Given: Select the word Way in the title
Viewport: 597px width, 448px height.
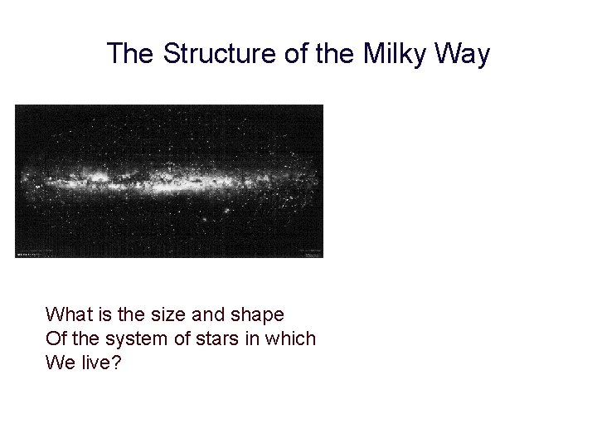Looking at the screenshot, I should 464,55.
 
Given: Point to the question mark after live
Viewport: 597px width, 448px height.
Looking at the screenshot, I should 115,363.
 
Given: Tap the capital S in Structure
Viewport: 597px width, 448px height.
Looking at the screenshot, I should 172,55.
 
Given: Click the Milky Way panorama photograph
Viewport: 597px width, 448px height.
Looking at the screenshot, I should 169,181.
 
